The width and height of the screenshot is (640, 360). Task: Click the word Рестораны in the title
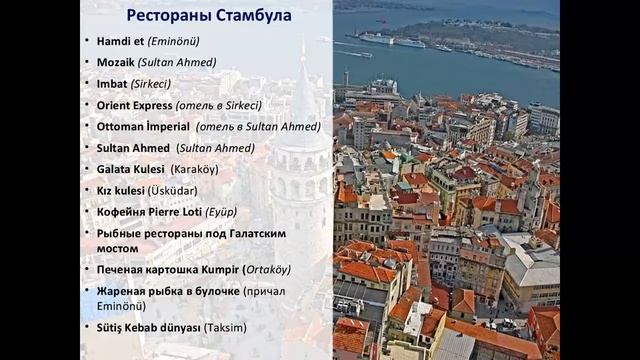(x=166, y=16)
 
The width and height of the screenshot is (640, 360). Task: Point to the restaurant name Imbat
(x=112, y=83)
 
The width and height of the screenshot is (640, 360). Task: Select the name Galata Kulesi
(x=131, y=169)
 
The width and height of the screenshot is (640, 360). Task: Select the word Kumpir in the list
(x=218, y=270)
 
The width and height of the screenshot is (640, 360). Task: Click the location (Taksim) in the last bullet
(x=225, y=327)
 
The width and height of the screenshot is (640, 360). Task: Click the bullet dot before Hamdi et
(x=87, y=41)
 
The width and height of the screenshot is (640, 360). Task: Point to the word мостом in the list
(x=118, y=247)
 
